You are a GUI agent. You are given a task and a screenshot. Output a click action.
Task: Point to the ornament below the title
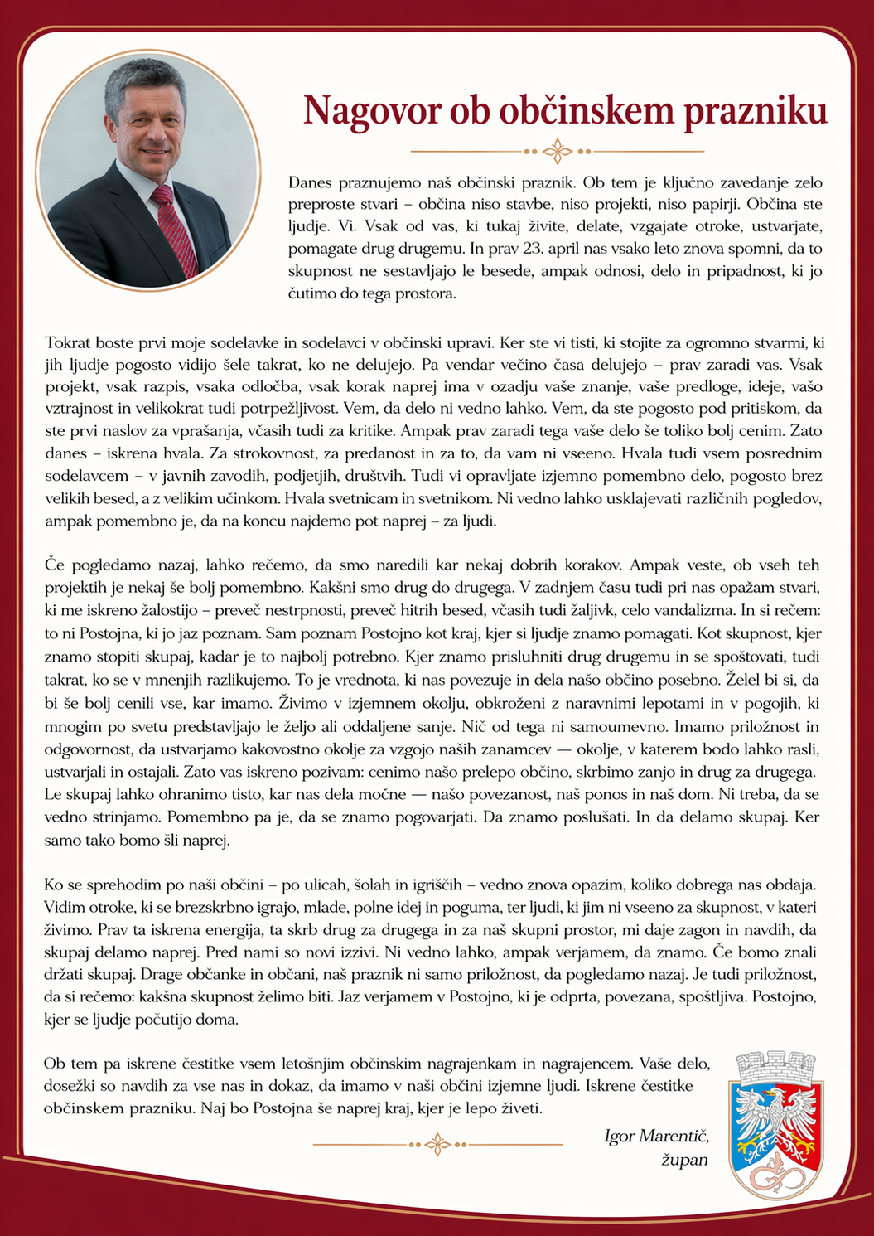(x=558, y=152)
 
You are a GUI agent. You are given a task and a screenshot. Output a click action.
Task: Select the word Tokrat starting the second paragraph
(x=68, y=342)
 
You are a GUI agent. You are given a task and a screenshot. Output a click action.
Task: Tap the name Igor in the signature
(x=620, y=1137)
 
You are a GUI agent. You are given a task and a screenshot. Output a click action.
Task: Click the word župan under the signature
(x=684, y=1160)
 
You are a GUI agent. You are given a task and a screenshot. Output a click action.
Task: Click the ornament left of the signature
(x=437, y=1145)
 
